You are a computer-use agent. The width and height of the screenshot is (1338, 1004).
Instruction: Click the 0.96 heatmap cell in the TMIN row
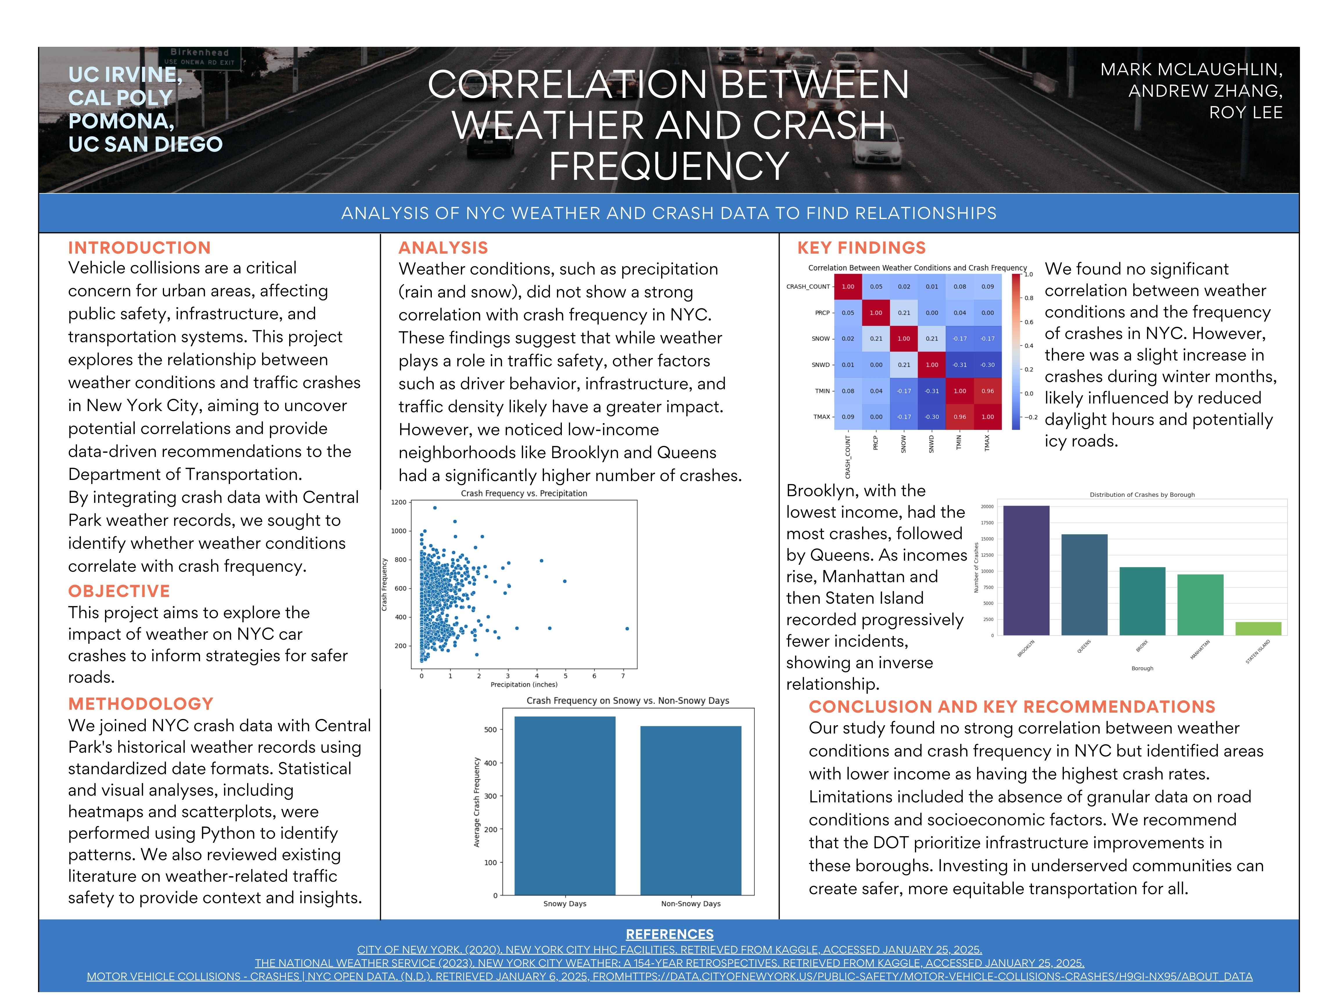pyautogui.click(x=987, y=391)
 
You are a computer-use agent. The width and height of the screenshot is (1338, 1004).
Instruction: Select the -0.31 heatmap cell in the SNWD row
pyautogui.click(x=959, y=365)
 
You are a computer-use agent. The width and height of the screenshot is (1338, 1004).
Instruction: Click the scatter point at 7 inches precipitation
pyautogui.click(x=627, y=629)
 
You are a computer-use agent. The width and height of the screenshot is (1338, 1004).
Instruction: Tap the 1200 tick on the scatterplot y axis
pyautogui.click(x=399, y=502)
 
